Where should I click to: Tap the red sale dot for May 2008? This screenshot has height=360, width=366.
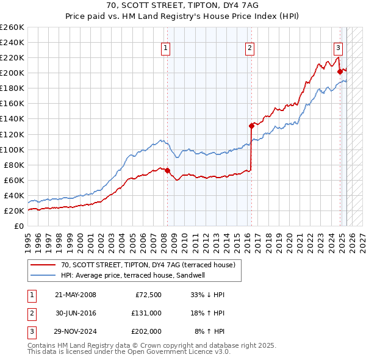point(167,170)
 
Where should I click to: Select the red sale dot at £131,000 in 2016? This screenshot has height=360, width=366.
point(251,126)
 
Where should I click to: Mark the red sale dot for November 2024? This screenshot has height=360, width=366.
point(340,71)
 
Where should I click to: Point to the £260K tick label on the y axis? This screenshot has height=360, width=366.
point(12,27)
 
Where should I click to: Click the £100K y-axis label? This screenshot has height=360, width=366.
point(12,149)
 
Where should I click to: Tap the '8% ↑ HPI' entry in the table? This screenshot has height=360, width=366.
point(209,331)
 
